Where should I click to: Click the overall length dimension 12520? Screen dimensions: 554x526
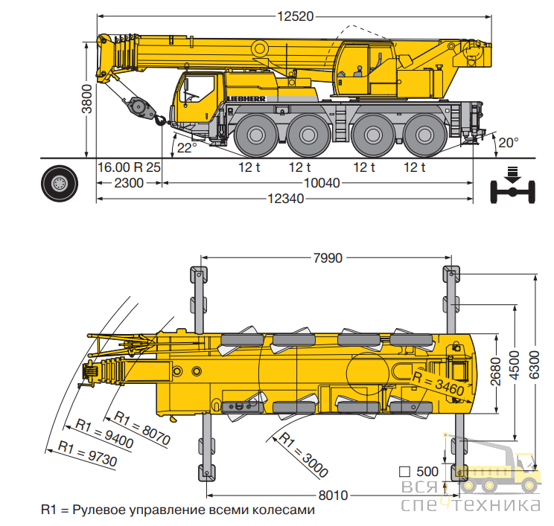[x=296, y=16]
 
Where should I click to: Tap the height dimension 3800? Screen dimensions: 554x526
[x=87, y=99]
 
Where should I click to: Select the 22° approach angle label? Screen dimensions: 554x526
[x=187, y=148]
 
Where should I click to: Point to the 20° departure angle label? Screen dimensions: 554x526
[x=509, y=143]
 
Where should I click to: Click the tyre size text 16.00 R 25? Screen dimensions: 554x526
[x=129, y=167]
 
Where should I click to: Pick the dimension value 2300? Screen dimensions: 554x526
[x=129, y=183]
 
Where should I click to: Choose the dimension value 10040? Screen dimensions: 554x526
[x=322, y=183]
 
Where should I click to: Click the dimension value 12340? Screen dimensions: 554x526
[x=285, y=199]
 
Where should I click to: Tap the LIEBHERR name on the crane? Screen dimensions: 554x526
[x=246, y=99]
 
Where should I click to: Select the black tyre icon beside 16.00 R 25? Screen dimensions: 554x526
[x=60, y=184]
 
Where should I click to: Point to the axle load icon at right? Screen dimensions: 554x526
[x=512, y=186]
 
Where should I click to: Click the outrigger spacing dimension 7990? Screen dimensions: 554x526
[x=328, y=258]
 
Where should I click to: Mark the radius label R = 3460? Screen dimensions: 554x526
[x=439, y=383]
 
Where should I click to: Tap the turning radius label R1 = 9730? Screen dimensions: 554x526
[x=87, y=453]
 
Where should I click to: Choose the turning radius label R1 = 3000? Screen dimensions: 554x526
[x=304, y=455]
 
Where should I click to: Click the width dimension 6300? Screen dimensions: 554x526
[x=534, y=365]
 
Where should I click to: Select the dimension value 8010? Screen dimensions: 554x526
[x=333, y=495]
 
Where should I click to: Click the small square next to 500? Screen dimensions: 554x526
[x=404, y=472]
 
